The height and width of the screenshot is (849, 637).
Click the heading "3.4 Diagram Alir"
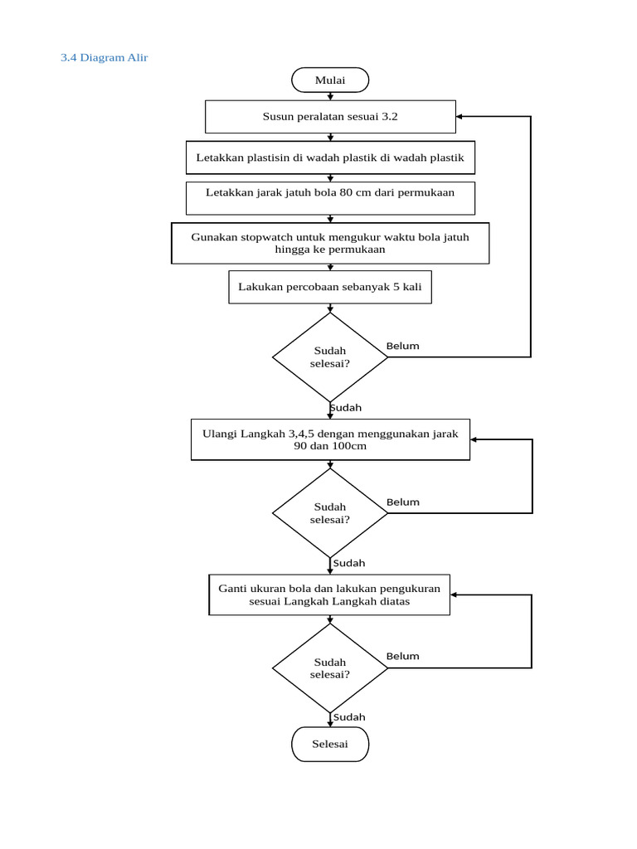point(104,58)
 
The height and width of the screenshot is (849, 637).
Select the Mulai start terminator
point(330,80)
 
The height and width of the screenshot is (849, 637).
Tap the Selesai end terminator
point(330,744)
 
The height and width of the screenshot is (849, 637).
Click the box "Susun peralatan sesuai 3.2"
point(330,117)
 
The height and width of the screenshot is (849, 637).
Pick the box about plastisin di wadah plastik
point(330,158)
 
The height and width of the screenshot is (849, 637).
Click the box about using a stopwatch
point(330,243)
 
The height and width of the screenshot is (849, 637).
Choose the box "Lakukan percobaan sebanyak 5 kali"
point(330,287)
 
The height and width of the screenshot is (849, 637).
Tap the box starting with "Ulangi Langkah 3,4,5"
point(330,439)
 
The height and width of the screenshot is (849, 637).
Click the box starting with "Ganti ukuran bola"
point(330,594)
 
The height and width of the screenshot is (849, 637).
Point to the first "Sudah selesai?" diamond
point(330,357)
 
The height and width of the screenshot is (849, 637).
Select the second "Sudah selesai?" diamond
point(330,513)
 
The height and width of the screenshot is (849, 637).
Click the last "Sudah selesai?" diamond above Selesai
point(330,668)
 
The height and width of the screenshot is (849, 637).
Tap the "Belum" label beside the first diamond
point(403,346)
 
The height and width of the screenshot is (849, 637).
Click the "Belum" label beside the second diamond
point(403,502)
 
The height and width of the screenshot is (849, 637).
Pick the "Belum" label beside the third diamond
point(403,656)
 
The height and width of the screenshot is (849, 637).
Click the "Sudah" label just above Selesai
point(349,717)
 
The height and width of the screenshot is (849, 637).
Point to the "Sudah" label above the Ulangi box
point(346,408)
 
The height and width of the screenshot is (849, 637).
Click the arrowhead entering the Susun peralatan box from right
point(460,117)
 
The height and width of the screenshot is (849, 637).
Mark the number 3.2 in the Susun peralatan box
point(390,117)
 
